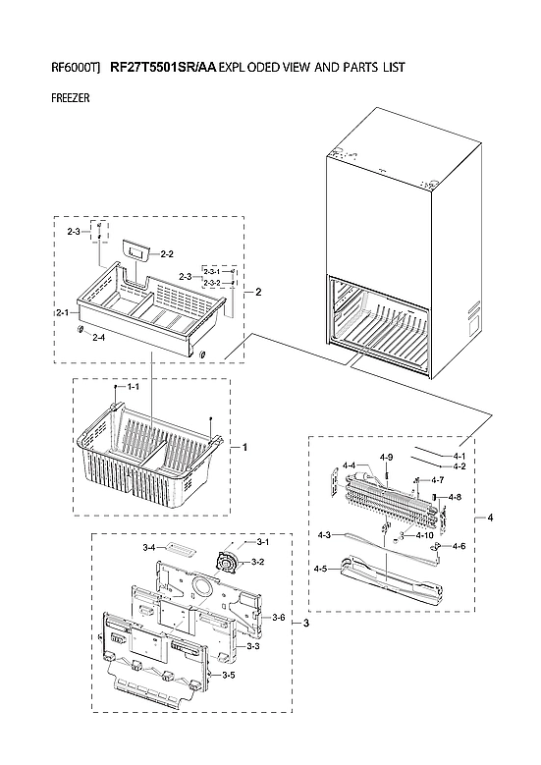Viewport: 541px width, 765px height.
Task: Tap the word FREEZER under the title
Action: coord(70,99)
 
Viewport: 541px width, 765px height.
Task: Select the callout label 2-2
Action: coord(167,253)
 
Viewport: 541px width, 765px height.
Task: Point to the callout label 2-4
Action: coord(98,338)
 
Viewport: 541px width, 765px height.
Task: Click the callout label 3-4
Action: coord(149,547)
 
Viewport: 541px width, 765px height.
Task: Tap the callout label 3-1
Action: coord(263,542)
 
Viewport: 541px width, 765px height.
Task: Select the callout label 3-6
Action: coord(278,617)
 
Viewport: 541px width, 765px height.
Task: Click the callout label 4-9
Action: coord(386,458)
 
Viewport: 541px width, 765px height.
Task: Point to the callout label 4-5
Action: coord(321,569)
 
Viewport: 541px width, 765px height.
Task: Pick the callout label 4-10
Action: coord(425,535)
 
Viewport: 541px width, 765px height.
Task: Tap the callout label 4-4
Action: coord(349,465)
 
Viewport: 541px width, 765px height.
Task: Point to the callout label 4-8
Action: coord(454,498)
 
